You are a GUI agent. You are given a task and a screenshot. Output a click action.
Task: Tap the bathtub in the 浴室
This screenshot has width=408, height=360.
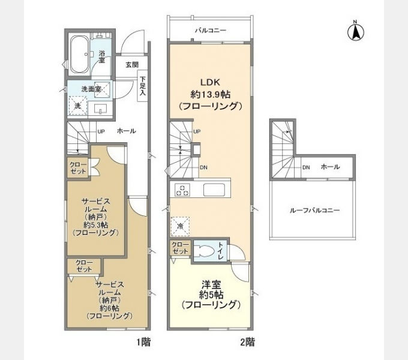click(x=80, y=54)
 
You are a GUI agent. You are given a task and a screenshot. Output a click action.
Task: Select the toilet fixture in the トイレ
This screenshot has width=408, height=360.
click(x=206, y=250)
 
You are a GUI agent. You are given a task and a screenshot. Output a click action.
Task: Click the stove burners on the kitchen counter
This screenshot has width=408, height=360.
click(x=182, y=190)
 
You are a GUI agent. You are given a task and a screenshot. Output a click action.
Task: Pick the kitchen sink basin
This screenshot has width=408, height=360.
click(x=214, y=190)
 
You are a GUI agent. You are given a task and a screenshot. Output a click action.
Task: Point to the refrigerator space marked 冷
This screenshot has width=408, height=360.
click(x=180, y=226)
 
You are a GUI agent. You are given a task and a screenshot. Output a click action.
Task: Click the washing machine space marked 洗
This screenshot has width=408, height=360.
click(x=78, y=106)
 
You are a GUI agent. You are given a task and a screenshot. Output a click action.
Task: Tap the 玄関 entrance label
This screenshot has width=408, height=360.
click(x=132, y=65)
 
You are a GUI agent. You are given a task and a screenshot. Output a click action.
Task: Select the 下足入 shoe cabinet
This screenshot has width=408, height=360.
click(x=142, y=86)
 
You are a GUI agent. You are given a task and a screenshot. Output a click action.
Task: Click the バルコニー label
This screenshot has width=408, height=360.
click(x=211, y=31)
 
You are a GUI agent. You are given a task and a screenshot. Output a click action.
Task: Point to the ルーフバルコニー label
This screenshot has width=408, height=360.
click(x=314, y=210)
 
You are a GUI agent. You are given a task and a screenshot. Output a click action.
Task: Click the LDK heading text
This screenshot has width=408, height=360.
click(x=210, y=82)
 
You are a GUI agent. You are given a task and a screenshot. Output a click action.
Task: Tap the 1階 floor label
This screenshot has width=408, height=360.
click(x=143, y=342)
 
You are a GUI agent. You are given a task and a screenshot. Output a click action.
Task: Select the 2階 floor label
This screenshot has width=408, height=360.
click(x=247, y=342)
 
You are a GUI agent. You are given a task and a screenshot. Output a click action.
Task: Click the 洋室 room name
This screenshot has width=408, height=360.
click(x=211, y=286)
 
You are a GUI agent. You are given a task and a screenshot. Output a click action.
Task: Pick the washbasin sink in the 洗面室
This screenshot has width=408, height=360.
click(x=100, y=109)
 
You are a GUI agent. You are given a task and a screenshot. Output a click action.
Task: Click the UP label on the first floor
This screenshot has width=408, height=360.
click(x=101, y=131)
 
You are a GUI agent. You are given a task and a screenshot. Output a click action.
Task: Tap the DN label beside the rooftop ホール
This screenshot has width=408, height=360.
click(x=306, y=167)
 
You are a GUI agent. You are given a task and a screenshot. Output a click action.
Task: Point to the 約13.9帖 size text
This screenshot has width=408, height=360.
click(x=210, y=94)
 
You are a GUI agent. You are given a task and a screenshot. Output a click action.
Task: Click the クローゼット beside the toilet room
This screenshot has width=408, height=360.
click(x=181, y=248)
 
